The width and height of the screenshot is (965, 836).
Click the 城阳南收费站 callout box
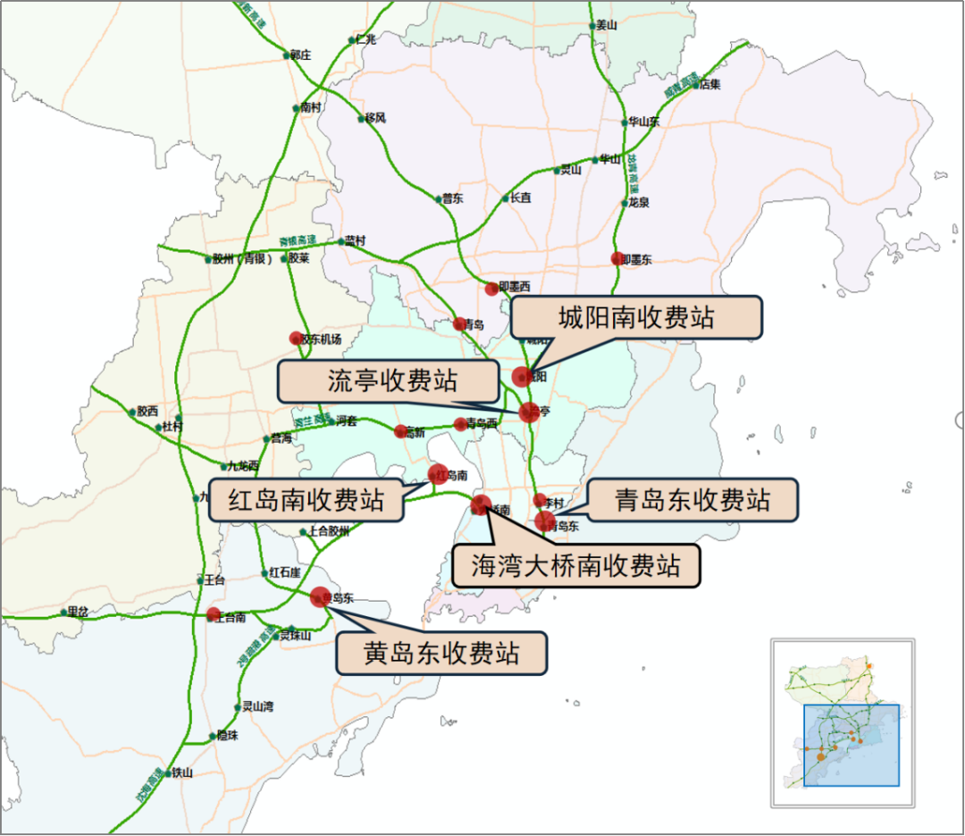coord(636,317)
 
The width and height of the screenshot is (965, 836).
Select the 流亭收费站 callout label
coord(387,381)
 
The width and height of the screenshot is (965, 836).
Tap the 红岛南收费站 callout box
coord(306,500)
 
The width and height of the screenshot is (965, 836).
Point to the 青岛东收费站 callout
coord(692,499)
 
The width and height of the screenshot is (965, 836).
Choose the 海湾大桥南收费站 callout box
coord(575,565)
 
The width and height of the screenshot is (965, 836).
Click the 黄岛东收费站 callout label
coord(441,654)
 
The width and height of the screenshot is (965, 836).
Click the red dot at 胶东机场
coord(297,338)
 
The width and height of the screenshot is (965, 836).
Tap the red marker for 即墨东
coord(617,258)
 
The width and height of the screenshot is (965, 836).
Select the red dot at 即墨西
coord(491,288)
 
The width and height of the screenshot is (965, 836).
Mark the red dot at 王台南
coord(213,614)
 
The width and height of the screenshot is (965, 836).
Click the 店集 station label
coord(709,85)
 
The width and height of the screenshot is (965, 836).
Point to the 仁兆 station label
coord(365,39)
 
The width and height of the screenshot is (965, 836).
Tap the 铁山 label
coord(181,773)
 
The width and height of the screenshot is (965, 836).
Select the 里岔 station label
coord(78,612)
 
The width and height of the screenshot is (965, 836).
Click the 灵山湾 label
coord(258,706)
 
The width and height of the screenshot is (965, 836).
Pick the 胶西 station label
coord(147,412)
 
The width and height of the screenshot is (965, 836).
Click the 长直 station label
coord(520,198)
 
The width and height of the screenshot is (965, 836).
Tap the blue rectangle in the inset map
coord(851,745)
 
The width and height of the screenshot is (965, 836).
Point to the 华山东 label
coord(643,122)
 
